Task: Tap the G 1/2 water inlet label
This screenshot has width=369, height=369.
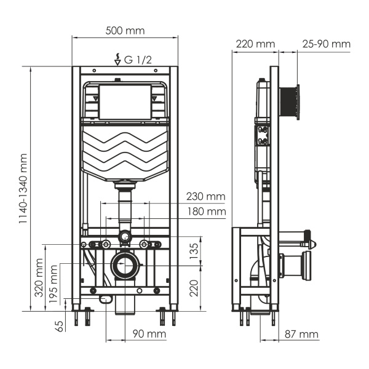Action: click(x=137, y=60)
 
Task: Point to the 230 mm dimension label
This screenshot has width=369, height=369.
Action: click(x=205, y=197)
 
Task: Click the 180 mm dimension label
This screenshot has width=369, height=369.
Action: click(x=205, y=212)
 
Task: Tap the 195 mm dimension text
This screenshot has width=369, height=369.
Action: click(x=55, y=283)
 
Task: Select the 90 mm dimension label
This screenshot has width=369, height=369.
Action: click(x=149, y=334)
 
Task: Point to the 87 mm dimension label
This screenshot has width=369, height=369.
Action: click(x=301, y=334)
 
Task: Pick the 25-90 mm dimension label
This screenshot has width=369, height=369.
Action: click(x=326, y=44)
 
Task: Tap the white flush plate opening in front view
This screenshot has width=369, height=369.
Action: click(x=125, y=101)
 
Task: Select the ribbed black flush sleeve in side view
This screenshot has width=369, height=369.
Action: click(x=291, y=102)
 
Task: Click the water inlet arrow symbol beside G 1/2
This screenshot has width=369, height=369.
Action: click(x=117, y=60)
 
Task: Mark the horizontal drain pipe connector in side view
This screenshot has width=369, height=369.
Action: click(x=298, y=263)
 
